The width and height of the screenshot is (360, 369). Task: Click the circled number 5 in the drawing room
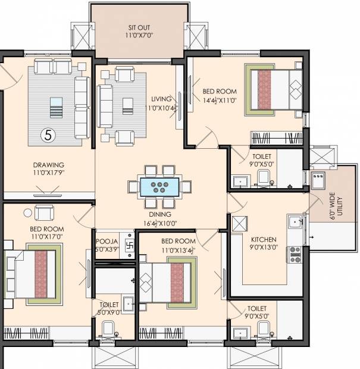point(48,135)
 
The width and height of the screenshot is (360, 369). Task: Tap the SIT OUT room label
point(139,27)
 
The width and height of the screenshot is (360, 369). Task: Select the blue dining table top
point(159,187)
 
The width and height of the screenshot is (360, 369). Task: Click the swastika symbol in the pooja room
point(130,245)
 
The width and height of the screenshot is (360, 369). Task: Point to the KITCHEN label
point(264,240)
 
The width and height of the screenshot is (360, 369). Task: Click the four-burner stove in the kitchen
point(295,254)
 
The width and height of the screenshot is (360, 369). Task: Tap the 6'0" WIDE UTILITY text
point(336,206)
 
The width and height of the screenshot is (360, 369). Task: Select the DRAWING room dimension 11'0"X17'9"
point(48,173)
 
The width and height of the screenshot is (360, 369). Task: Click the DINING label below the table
point(160,214)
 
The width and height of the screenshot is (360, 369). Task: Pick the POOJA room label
point(107,242)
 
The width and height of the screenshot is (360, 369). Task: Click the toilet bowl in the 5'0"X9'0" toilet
point(108,328)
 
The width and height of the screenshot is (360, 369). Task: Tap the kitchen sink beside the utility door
point(295,221)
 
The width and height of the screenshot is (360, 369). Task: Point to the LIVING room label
point(161,99)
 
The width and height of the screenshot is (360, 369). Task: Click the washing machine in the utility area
point(318,180)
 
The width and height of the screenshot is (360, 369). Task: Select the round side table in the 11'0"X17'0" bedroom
point(28,213)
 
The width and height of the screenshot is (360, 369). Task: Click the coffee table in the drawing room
point(57,108)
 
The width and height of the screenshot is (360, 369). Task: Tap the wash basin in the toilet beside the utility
point(240,182)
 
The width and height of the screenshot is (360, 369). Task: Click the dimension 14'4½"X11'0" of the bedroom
point(220,100)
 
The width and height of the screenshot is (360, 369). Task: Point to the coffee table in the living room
point(128,107)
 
